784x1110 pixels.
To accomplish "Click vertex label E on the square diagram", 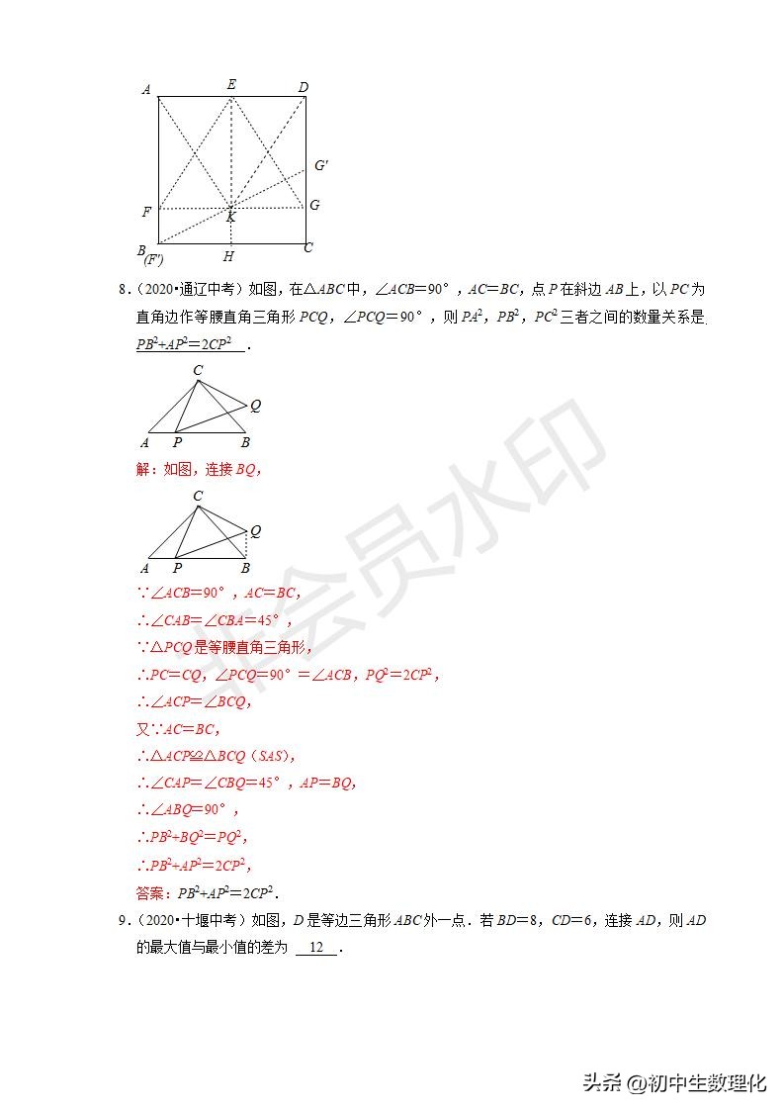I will (231, 84).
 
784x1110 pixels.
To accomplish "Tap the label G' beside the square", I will (320, 165).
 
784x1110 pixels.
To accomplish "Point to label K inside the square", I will (231, 217).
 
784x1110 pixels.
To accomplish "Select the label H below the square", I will (228, 257).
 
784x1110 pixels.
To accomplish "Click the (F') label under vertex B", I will (153, 260).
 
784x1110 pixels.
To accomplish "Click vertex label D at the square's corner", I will (304, 87).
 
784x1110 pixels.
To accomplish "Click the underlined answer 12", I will (316, 948).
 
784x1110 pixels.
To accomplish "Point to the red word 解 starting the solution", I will (142, 470).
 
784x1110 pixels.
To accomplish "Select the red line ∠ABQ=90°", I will (188, 809).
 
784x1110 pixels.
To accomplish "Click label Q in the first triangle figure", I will (255, 405).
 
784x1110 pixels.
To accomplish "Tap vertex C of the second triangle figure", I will (198, 496).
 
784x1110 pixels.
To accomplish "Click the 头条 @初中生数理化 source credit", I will (674, 1082).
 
